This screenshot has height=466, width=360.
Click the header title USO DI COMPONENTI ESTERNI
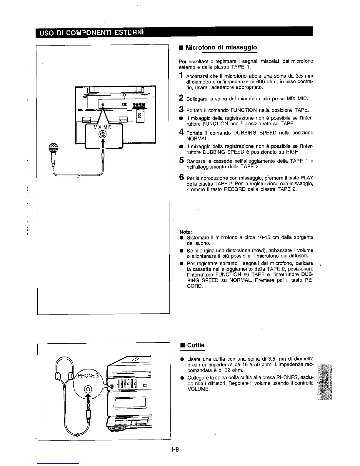click(x=89, y=31)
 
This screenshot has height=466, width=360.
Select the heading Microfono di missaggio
click(x=221, y=47)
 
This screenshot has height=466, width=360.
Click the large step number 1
click(x=182, y=76)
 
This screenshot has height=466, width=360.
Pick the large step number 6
click(x=182, y=177)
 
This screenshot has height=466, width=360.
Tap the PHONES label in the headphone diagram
click(x=89, y=375)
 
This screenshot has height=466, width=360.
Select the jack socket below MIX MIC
click(x=103, y=135)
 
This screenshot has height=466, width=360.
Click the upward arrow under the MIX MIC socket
click(x=103, y=144)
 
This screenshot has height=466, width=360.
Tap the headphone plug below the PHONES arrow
click(x=88, y=410)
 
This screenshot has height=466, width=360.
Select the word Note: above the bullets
click(x=184, y=232)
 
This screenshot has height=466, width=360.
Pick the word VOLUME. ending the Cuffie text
click(x=199, y=389)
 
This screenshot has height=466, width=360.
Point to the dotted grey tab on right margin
click(x=323, y=382)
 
